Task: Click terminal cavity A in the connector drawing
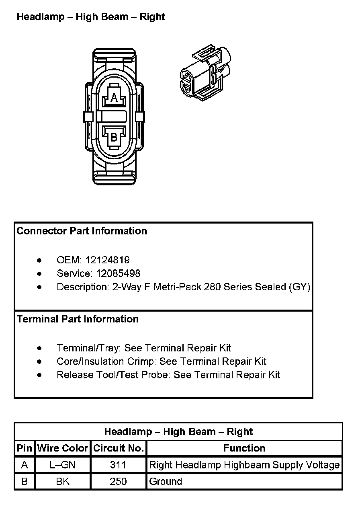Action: pos(114,97)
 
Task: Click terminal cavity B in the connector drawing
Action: pos(114,137)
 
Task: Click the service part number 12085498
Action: pos(118,274)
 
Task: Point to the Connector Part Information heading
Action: pos(82,231)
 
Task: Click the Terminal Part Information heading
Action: pos(78,319)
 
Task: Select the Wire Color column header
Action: pos(62,448)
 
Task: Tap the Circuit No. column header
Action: pos(118,448)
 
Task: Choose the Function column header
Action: pos(244,448)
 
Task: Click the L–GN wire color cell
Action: pos(62,465)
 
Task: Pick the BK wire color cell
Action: pos(62,482)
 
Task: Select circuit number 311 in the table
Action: pos(118,465)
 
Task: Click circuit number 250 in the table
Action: pos(118,482)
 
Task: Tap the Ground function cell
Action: pos(166,482)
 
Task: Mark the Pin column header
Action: pos(24,448)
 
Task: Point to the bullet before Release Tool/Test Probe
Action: pos(39,375)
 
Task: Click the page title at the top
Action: pos(91,17)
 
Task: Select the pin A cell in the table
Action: pos(24,465)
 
